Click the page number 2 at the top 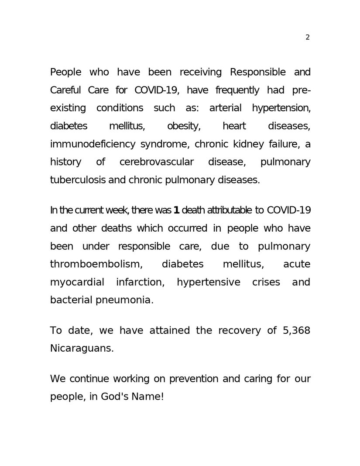tap(308, 38)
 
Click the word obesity tap(183, 126)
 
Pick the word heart tap(234, 126)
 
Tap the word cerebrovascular tap(156, 162)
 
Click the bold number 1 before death tap(176, 210)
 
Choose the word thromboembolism tap(96, 264)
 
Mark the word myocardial tap(77, 282)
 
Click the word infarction tap(140, 282)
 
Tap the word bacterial tap(71, 300)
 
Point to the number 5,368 tap(296, 331)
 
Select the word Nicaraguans tap(82, 349)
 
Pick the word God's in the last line tap(115, 397)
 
